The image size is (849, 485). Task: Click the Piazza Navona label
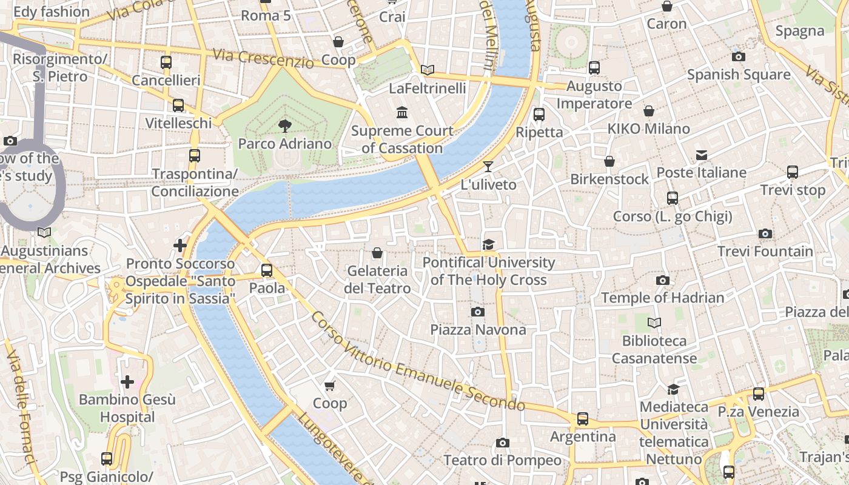[478, 330]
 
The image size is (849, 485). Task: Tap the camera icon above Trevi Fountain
[765, 233]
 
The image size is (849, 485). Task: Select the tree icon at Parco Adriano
[284, 125]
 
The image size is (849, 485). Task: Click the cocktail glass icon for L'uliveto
[488, 166]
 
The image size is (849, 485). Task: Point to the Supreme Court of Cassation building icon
[402, 113]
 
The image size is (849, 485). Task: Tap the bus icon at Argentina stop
[582, 418]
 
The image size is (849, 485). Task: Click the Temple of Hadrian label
[662, 298]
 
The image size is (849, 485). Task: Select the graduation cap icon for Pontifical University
[488, 244]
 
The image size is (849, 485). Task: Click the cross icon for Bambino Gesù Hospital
[127, 382]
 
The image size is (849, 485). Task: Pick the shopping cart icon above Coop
[330, 386]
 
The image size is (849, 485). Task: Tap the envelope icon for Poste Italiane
[702, 155]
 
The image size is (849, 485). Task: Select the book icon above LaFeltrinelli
[428, 70]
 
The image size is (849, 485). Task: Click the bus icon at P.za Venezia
[758, 394]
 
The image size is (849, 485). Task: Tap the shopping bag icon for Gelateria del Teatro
[377, 253]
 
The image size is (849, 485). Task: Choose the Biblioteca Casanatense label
[654, 349]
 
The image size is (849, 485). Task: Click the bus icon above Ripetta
[539, 114]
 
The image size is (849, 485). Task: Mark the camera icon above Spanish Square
[738, 56]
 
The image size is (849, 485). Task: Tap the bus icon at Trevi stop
[793, 172]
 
